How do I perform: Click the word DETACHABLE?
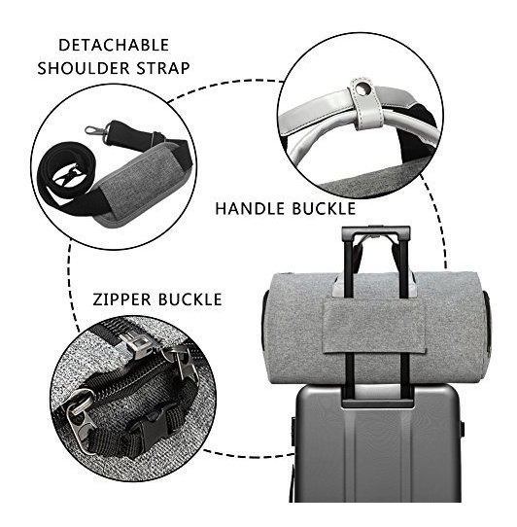pos(114,46)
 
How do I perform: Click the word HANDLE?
pos(250,209)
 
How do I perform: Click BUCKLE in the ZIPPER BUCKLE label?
pos(190,299)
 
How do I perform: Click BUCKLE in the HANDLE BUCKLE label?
pos(324,209)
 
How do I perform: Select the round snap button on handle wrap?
pos(362,89)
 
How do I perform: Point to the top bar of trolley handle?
pos(375,231)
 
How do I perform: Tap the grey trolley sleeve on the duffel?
pos(374,326)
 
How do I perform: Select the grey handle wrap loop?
pos(366,104)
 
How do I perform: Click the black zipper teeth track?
pos(134,376)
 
